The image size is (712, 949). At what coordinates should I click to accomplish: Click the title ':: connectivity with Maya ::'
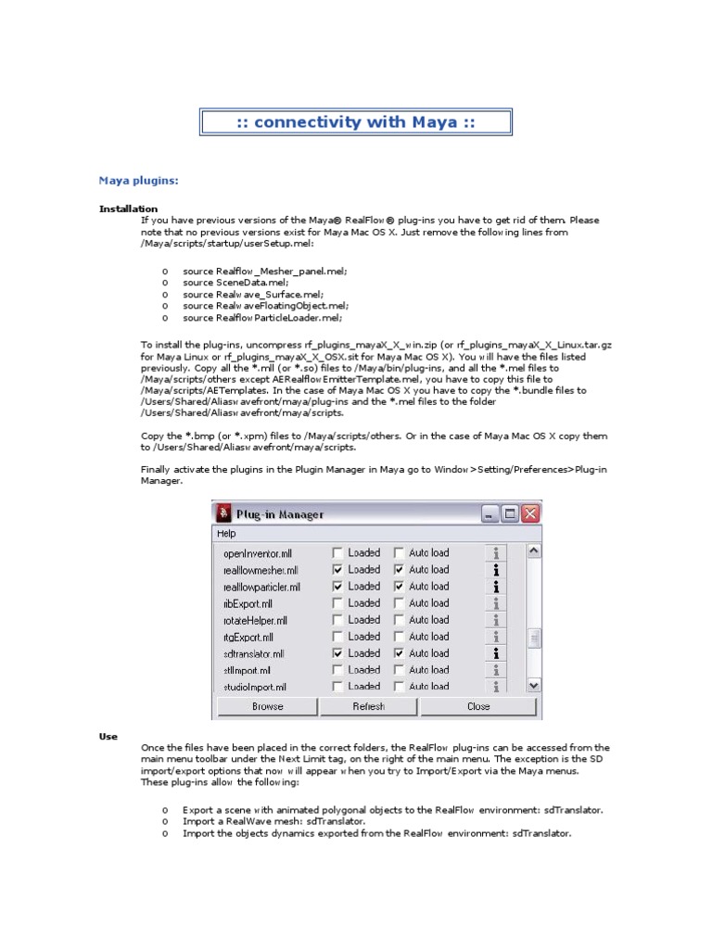(x=356, y=122)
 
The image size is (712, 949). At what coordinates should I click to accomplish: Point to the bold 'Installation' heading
(x=128, y=209)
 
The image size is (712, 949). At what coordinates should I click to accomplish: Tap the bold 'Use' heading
(x=108, y=736)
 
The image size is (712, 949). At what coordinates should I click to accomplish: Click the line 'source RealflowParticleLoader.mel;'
(x=262, y=318)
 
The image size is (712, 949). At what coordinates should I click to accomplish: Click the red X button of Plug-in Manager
(x=530, y=513)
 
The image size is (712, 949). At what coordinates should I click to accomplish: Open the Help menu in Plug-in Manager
(x=226, y=534)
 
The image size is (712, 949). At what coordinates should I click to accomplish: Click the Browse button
(x=268, y=706)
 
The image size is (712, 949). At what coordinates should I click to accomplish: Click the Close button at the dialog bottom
(x=478, y=706)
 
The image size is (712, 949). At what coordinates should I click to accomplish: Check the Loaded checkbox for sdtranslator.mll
(x=337, y=653)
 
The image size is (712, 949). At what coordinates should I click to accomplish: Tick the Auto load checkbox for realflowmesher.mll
(x=399, y=570)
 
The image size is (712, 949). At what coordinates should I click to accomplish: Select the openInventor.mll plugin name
(x=258, y=553)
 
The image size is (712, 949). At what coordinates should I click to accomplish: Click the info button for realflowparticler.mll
(x=497, y=587)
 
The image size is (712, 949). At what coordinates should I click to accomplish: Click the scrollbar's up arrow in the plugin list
(x=533, y=551)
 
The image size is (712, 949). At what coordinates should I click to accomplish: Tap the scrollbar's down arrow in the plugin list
(x=533, y=685)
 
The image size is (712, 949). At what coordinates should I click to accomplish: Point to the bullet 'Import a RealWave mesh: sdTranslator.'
(x=273, y=821)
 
